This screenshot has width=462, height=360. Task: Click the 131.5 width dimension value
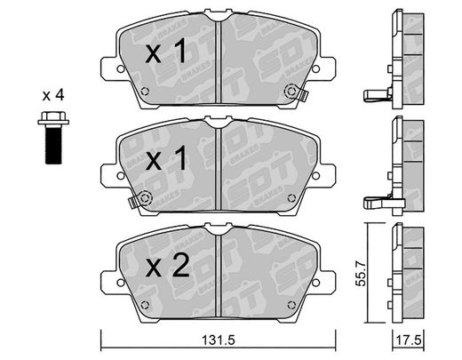coord(219,340)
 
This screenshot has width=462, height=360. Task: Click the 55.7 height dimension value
coord(361,273)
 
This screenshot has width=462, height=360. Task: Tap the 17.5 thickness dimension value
coord(409,340)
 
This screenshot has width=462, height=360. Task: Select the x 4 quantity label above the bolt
coord(53,95)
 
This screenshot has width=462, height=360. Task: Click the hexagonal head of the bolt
coord(53,118)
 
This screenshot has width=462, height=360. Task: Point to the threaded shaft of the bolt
coord(53,144)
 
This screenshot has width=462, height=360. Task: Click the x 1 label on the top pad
coord(166,52)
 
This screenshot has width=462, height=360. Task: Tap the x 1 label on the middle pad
coord(166,158)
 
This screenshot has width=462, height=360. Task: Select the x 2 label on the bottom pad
coord(167,265)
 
